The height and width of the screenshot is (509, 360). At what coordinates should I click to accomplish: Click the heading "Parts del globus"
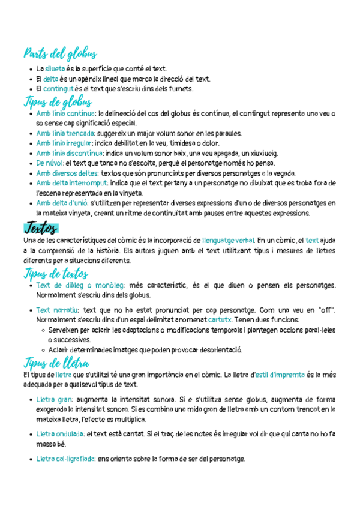60,55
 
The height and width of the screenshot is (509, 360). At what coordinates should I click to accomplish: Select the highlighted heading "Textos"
41,228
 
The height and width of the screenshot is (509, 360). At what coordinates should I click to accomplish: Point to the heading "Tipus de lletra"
56,363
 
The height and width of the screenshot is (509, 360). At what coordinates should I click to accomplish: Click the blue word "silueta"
55,69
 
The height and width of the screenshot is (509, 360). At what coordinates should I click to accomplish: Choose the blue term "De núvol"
50,163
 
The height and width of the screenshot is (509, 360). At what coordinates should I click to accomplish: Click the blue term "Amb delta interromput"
71,182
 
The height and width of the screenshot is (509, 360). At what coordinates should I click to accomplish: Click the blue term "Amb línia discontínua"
69,153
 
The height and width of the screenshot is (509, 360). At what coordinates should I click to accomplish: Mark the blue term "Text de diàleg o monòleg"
80,285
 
